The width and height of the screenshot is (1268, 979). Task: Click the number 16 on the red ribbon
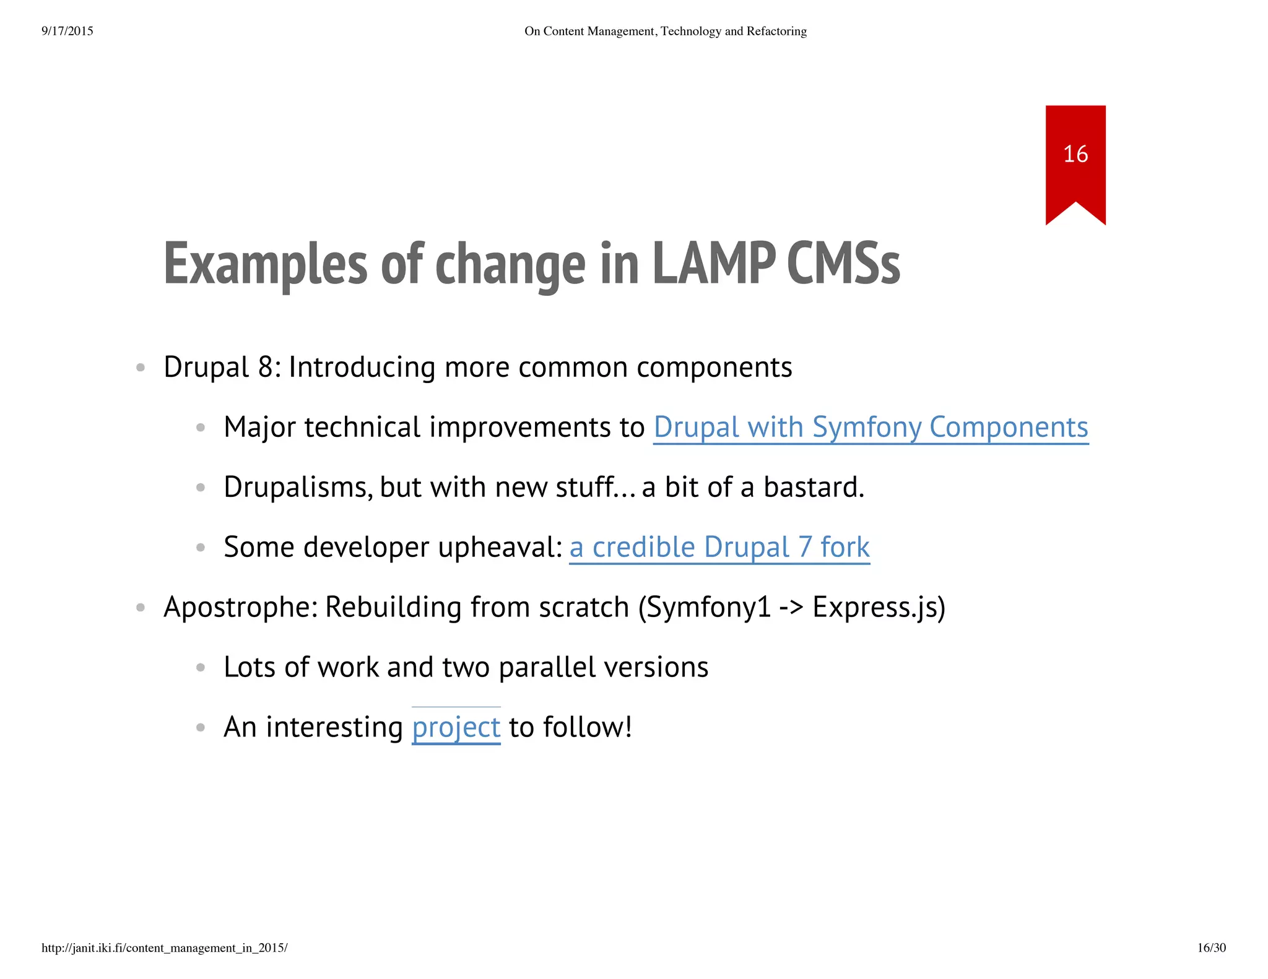(x=1075, y=154)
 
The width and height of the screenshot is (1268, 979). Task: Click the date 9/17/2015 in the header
(x=67, y=31)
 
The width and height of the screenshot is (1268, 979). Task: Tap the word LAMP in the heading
(x=713, y=265)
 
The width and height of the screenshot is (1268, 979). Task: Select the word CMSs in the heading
(x=843, y=265)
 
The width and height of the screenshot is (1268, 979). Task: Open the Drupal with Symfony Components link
(x=871, y=428)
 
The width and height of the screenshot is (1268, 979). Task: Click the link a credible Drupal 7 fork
(x=719, y=548)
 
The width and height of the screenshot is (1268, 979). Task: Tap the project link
(x=456, y=728)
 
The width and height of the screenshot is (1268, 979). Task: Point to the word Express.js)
(x=879, y=608)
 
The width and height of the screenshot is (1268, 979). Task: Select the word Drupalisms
(x=298, y=488)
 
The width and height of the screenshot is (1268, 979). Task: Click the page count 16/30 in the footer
(x=1211, y=948)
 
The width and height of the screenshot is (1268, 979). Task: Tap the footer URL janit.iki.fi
(x=165, y=948)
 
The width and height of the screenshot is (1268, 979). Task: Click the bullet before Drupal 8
(x=141, y=368)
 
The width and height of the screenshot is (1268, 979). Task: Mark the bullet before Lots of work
(x=200, y=668)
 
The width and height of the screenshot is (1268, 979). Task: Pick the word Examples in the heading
(x=266, y=265)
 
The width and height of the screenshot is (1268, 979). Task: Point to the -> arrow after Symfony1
(x=791, y=608)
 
